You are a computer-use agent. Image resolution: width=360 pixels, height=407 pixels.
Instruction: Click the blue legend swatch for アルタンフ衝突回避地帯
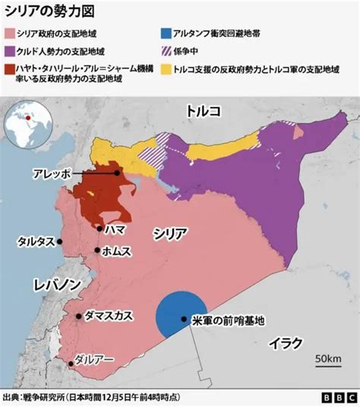point(166,34)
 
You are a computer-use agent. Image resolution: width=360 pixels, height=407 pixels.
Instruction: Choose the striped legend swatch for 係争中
point(166,52)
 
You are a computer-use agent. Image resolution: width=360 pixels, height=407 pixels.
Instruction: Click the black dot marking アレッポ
point(116,173)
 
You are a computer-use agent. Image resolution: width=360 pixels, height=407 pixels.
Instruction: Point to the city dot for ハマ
point(100,227)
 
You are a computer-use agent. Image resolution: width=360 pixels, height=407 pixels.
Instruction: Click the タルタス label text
point(35,241)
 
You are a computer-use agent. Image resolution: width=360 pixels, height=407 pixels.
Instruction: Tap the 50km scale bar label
point(327,358)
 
